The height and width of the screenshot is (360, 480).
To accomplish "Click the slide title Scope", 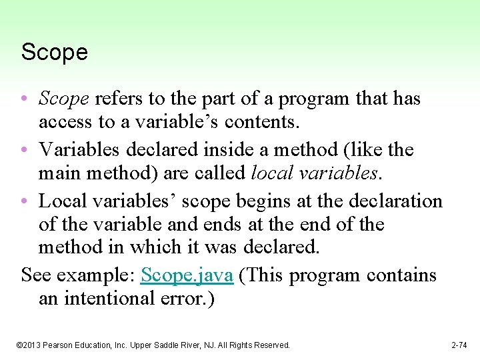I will click(55, 53).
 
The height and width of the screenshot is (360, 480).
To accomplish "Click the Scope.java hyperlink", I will click(187, 275).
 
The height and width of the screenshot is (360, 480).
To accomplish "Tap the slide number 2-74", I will click(459, 345).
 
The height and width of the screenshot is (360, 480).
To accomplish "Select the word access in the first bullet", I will click(66, 122).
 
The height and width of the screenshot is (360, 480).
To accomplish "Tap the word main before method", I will click(60, 173).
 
